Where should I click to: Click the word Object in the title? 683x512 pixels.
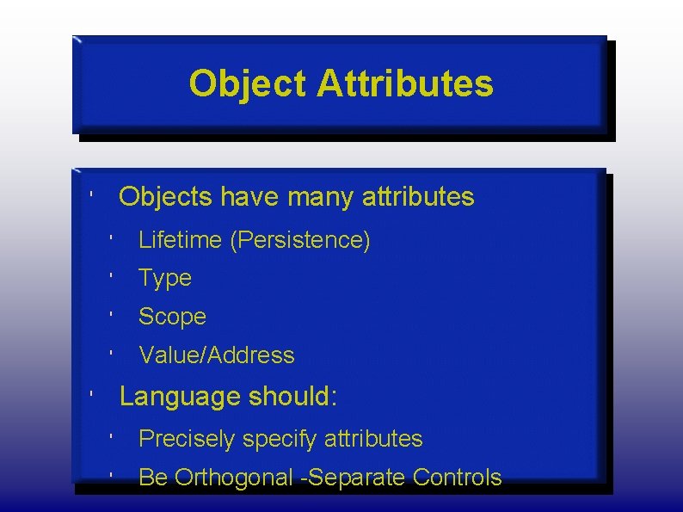point(247,84)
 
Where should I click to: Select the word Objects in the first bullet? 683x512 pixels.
point(167,197)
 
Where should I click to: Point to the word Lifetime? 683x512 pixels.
point(180,240)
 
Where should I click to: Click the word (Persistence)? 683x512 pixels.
point(300,240)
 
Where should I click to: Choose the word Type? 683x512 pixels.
point(165,278)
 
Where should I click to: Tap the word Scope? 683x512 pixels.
point(172,317)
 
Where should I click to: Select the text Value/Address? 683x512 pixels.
point(217,355)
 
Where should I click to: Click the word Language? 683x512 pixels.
point(180,397)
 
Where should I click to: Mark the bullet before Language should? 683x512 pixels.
point(91,394)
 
